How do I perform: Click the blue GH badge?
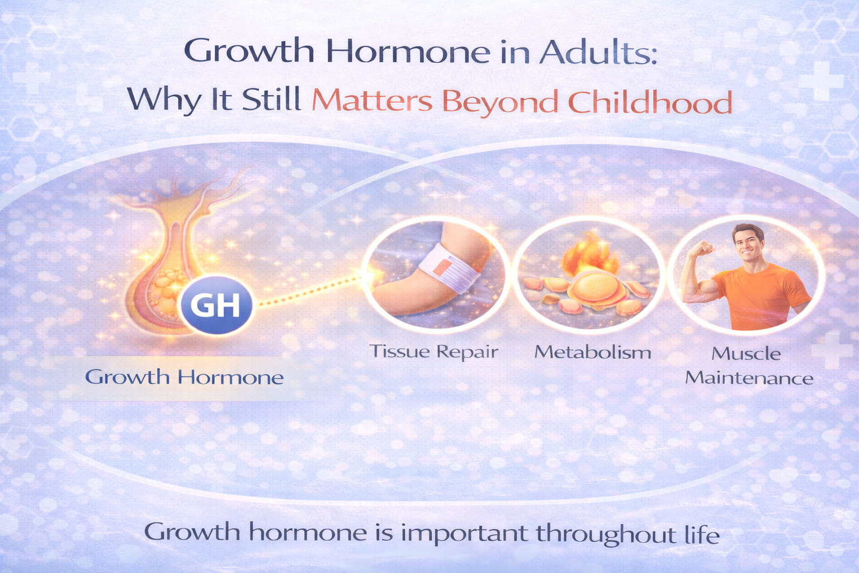click(216, 306)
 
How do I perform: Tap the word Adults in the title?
click(598, 51)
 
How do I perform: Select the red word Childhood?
click(650, 102)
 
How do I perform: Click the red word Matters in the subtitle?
click(372, 101)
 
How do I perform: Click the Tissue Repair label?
click(433, 351)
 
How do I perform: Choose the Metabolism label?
click(593, 352)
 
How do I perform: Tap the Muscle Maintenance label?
click(748, 366)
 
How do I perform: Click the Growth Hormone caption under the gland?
click(184, 377)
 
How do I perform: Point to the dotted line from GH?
click(310, 290)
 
